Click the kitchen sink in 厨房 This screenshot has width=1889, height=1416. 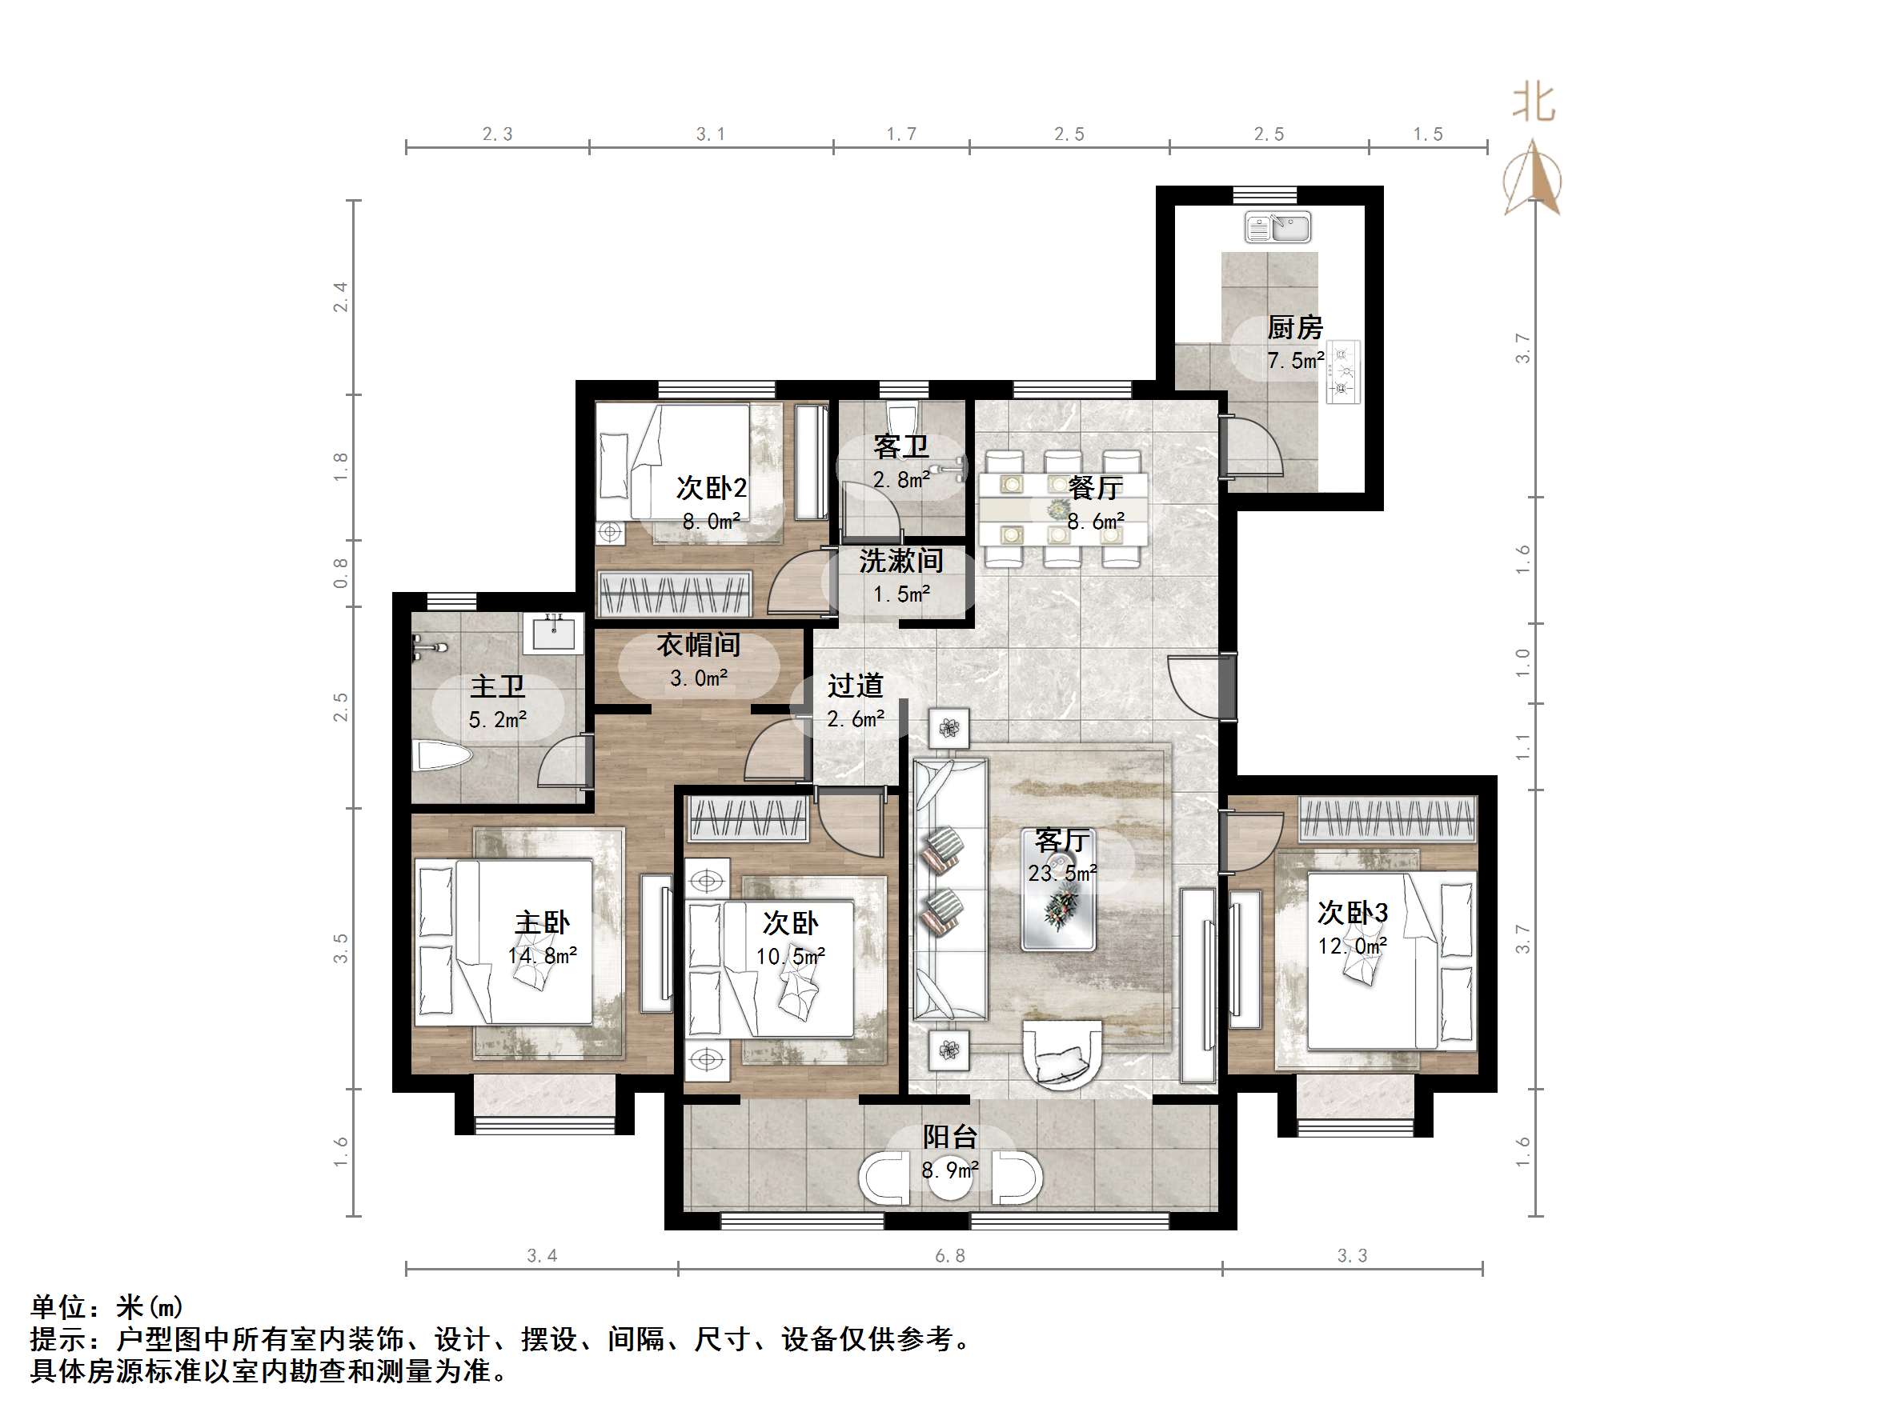coord(1277,227)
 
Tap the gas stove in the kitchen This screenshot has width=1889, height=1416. coord(1342,371)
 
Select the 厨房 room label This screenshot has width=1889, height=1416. coord(1294,328)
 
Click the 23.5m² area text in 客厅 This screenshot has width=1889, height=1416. coord(1062,873)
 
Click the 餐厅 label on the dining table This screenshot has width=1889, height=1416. coord(1095,487)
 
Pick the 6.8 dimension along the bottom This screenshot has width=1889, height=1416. coord(949,1255)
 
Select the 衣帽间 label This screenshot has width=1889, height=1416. coord(698,646)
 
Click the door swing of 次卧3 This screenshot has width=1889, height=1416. coord(1251,840)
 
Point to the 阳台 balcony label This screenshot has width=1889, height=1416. coord(949,1137)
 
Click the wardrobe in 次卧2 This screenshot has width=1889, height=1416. coord(674,594)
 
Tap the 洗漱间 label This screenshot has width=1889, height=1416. coord(901,561)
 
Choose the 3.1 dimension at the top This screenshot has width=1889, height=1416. coord(710,134)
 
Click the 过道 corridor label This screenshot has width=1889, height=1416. coord(855,686)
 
